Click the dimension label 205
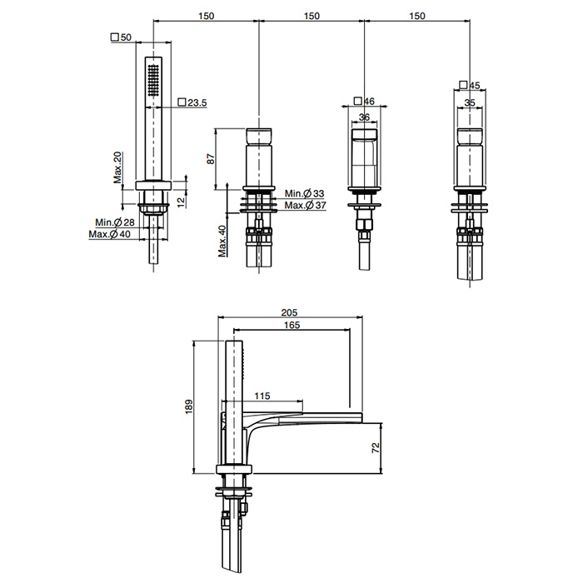coord(289,312)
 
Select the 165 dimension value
coord(291,325)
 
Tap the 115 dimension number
coord(262,396)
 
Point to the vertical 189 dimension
coord(189,406)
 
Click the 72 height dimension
coord(376,447)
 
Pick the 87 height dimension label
coord(211,159)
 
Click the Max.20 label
coord(117,167)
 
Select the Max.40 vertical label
coord(222,242)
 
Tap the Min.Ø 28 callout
coord(115,222)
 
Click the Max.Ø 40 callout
coord(110,234)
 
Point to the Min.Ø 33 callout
coord(305,193)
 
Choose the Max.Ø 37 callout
coord(306,205)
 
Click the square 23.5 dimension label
coord(192,102)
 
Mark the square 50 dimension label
coord(122,37)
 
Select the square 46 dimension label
coord(365,101)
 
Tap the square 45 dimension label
coord(470,85)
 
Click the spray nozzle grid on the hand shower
coord(153,81)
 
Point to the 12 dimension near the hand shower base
coord(181,202)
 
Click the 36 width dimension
coord(365,117)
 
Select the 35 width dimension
coord(470,102)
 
